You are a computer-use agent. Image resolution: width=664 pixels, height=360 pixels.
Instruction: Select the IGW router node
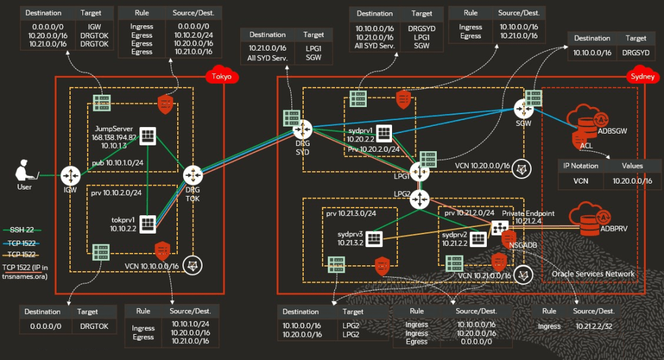pyautogui.click(x=69, y=175)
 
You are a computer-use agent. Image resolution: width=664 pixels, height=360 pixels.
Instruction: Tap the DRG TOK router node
pyautogui.click(x=193, y=175)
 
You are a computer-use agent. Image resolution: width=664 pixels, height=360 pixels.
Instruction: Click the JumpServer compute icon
pyautogui.click(x=148, y=135)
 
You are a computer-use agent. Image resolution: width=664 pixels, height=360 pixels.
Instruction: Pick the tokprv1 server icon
pyautogui.click(x=148, y=223)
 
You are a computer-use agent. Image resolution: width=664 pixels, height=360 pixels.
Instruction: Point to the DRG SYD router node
pyautogui.click(x=302, y=130)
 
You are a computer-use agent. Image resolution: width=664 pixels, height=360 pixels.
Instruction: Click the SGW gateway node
pyautogui.click(x=523, y=108)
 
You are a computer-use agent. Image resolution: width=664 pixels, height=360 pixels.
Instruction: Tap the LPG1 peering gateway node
pyautogui.click(x=420, y=173)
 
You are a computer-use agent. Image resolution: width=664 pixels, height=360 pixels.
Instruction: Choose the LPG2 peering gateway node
pyautogui.click(x=420, y=199)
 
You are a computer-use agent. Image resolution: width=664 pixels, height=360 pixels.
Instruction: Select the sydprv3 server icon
pyautogui.click(x=374, y=238)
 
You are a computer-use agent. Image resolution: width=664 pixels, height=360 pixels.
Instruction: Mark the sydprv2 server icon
pyautogui.click(x=478, y=239)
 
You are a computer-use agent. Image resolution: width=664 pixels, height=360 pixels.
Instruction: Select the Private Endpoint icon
pyautogui.click(x=500, y=228)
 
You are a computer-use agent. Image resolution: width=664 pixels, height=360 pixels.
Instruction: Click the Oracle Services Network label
pyautogui.click(x=593, y=274)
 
